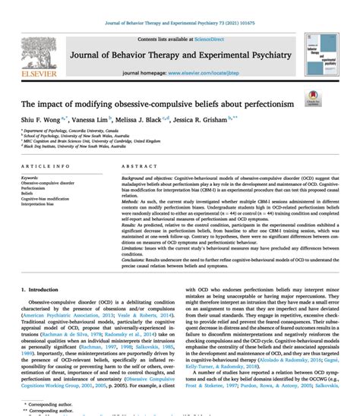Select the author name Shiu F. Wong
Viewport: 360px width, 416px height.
pos(37,120)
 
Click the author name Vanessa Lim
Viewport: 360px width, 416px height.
pos(92,120)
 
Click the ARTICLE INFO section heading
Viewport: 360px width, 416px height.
pos(47,165)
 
